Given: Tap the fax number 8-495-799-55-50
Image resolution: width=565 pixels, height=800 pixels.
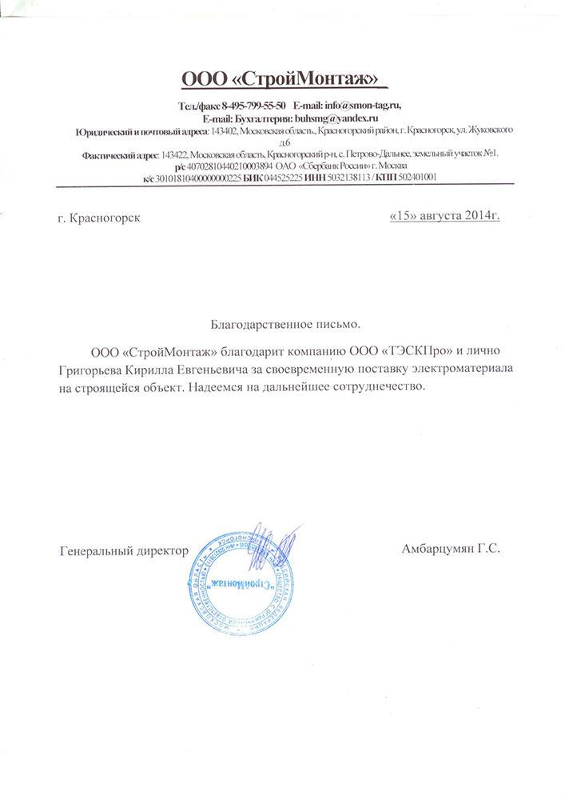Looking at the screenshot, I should point(254,106).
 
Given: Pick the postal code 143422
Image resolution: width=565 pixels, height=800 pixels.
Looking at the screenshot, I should point(174,154).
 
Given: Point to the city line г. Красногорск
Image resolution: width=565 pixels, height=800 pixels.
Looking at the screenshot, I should point(100,218).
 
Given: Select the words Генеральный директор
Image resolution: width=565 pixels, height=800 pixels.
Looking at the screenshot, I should point(124,551).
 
